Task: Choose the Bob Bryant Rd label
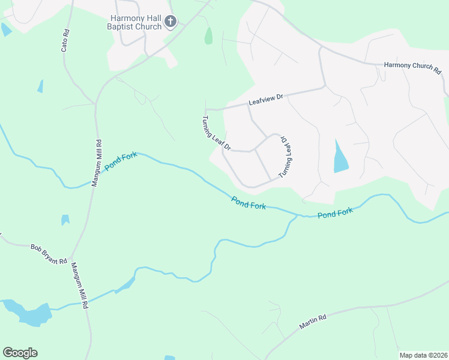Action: pos(48,253)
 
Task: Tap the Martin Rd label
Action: pos(312,322)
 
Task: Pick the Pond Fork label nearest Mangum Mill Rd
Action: pos(121,160)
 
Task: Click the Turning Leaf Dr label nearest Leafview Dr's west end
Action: pos(217,133)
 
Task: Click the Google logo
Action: pos(20,352)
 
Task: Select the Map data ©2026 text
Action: pos(423,355)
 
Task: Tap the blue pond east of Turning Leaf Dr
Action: pos(340,158)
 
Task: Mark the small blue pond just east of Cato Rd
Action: pos(40,86)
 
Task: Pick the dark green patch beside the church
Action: pos(208,36)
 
